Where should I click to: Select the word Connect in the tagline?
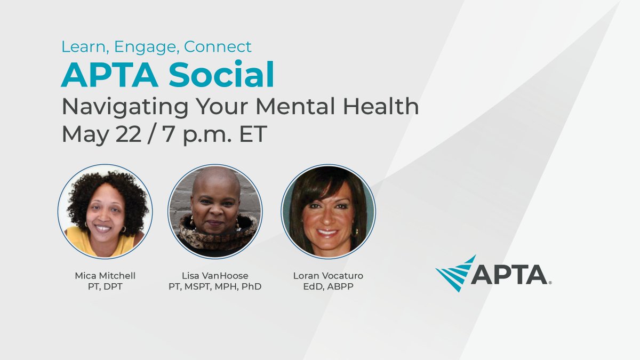click(218, 47)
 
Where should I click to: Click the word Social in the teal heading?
click(221, 76)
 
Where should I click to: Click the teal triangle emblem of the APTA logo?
click(455, 274)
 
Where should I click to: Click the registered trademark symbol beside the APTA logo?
click(550, 283)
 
